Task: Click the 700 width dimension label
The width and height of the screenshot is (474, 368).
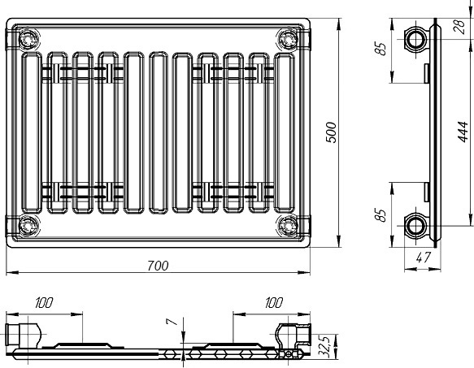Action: click(158, 266)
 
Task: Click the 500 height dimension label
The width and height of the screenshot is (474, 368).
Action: click(331, 132)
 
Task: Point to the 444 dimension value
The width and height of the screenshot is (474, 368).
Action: click(463, 132)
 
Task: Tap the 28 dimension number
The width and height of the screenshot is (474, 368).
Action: click(459, 27)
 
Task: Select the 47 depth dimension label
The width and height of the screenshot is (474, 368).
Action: click(423, 258)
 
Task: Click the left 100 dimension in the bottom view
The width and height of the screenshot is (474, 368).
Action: click(44, 303)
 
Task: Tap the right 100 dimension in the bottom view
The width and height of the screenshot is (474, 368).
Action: click(274, 303)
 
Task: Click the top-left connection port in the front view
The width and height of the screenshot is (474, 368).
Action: click(28, 39)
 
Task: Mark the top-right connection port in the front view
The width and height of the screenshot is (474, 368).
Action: click(288, 39)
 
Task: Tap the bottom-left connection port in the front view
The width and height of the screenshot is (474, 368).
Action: click(28, 226)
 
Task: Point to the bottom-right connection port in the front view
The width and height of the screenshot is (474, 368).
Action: click(288, 226)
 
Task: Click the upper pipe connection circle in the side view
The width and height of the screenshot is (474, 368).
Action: click(415, 39)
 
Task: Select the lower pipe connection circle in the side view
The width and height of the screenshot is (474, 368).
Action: click(415, 226)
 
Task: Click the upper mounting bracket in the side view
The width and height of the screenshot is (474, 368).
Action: click(427, 73)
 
